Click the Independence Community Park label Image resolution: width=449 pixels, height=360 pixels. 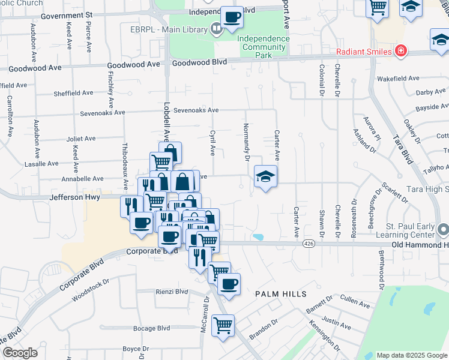[263, 47]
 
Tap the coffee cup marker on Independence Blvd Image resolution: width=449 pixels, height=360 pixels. [232, 17]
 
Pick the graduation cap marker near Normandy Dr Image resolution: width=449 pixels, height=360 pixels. [265, 177]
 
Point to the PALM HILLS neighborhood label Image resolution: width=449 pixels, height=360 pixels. [281, 294]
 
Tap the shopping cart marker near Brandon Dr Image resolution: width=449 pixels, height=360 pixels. [223, 326]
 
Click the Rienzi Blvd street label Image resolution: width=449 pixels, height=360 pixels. [173, 292]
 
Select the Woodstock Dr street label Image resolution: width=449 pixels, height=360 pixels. [90, 289]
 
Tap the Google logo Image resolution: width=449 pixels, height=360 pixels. [20, 353]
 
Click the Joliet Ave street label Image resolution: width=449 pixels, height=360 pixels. [80, 139]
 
